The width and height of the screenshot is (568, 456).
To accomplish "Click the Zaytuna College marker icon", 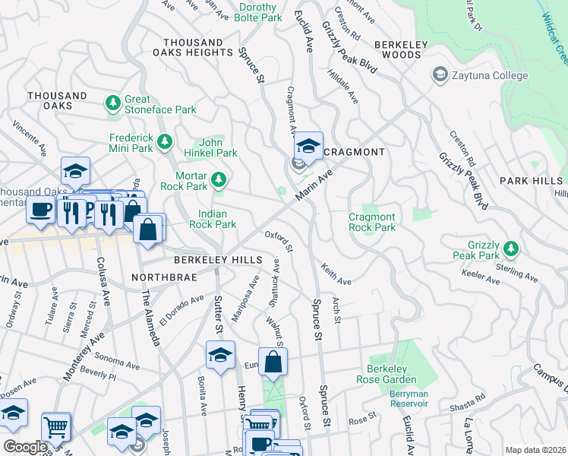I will pyautogui.click(x=439, y=75).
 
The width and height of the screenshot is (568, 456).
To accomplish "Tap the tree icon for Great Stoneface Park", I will pyautogui.click(x=114, y=103).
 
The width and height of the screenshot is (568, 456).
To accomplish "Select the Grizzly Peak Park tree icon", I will pyautogui.click(x=511, y=249).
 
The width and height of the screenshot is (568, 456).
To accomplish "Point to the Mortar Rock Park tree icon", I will pyautogui.click(x=219, y=179).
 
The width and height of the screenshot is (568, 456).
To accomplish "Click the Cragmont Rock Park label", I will pyautogui.click(x=372, y=222).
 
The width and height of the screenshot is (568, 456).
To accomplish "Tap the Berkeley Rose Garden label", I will pyautogui.click(x=392, y=374).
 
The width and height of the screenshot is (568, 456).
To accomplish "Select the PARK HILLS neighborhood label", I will pyautogui.click(x=532, y=180).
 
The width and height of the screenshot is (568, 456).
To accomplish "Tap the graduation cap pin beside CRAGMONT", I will pyautogui.click(x=308, y=146).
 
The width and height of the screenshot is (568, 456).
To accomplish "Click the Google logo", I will pyautogui.click(x=24, y=447).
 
